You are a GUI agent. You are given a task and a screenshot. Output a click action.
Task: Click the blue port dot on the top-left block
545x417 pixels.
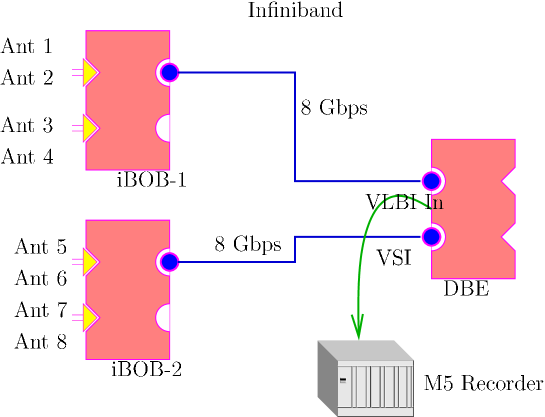click(169, 72)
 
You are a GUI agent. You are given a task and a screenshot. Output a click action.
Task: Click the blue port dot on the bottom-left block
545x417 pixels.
click(169, 262)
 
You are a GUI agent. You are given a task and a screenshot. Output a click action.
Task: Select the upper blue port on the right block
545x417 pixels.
click(431, 181)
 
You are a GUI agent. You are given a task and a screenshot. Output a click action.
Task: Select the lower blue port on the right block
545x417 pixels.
click(431, 237)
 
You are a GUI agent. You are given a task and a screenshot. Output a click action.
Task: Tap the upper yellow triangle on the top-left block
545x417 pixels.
click(89, 72)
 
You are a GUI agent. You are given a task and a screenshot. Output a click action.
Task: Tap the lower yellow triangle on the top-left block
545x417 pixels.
click(89, 128)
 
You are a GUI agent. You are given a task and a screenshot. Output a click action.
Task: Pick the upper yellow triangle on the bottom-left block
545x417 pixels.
click(89, 262)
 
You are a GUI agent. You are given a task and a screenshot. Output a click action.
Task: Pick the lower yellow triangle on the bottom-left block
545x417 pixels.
click(89, 318)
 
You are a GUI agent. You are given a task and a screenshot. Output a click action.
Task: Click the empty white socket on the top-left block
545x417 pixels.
click(164, 128)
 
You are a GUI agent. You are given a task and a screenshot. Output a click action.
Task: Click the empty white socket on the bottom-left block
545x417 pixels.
click(164, 318)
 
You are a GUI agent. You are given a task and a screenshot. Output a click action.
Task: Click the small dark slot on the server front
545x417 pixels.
click(343, 380)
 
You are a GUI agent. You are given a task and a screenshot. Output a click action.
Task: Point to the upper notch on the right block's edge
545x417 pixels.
click(508, 181)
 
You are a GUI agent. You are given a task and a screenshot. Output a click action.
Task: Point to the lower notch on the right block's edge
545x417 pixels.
click(508, 237)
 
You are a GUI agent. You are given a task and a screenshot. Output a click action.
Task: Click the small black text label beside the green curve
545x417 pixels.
click(437, 205)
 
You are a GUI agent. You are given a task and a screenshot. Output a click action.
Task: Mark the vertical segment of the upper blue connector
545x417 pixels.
click(295, 126)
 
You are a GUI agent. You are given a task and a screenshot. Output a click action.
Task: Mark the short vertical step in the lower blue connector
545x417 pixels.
click(295, 249)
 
